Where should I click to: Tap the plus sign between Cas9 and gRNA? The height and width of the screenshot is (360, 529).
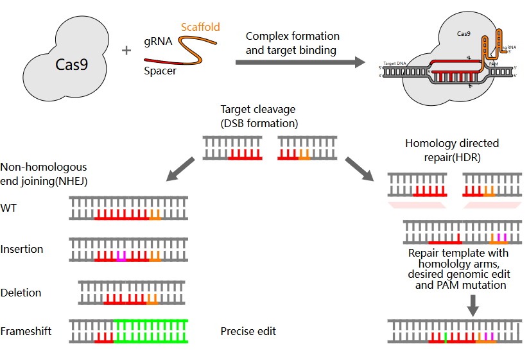pyautogui.click(x=126, y=49)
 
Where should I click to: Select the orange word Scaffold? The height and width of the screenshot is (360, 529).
pyautogui.click(x=200, y=27)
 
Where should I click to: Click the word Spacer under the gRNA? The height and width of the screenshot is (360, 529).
pyautogui.click(x=161, y=71)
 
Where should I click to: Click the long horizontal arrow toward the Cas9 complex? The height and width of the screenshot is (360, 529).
pyautogui.click(x=296, y=62)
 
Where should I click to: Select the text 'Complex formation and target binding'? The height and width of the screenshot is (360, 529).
pyautogui.click(x=292, y=42)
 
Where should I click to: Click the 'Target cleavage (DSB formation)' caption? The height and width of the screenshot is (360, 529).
pyautogui.click(x=259, y=116)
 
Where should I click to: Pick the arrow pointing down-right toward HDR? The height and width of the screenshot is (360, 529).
pyautogui.click(x=360, y=167)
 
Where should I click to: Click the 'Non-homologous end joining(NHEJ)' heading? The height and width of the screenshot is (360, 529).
pyautogui.click(x=44, y=174)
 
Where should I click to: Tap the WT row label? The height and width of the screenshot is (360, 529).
pyautogui.click(x=9, y=209)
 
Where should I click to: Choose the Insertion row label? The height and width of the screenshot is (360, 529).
pyautogui.click(x=22, y=249)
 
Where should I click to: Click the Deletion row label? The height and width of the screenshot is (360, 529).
pyautogui.click(x=21, y=293)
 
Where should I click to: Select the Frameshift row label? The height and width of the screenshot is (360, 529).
pyautogui.click(x=26, y=331)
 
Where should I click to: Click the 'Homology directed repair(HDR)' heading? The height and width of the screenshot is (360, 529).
pyautogui.click(x=452, y=149)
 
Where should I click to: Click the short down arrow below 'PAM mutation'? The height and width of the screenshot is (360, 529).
pyautogui.click(x=473, y=304)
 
